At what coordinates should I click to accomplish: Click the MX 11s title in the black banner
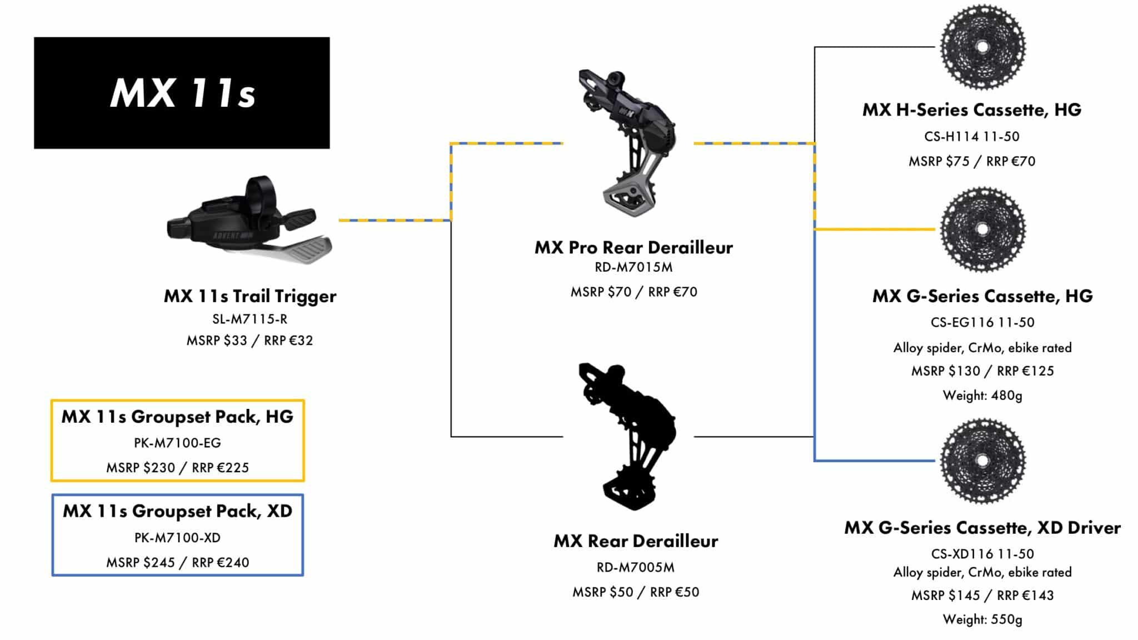pos(183,93)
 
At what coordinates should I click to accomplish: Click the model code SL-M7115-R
pos(249,319)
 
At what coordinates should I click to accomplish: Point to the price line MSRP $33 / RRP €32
pos(249,340)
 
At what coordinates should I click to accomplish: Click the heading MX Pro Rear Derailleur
pos(633,247)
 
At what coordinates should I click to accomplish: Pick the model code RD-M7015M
pos(633,267)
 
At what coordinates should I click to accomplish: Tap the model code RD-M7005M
pos(635,567)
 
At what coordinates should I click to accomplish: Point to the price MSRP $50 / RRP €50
pos(635,592)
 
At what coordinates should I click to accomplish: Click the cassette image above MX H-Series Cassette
pos(982,47)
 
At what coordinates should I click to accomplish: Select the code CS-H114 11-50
pos(972,136)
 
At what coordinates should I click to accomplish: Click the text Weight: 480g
pos(982,396)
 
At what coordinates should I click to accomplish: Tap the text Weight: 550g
pos(982,619)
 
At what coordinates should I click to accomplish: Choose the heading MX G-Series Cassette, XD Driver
pos(982,527)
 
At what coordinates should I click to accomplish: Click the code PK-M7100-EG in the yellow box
pos(177,443)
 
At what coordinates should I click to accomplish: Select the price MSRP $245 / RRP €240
pos(177,562)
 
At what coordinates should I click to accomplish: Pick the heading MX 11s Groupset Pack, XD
pos(177,511)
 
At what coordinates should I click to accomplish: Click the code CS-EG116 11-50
pos(982,322)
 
